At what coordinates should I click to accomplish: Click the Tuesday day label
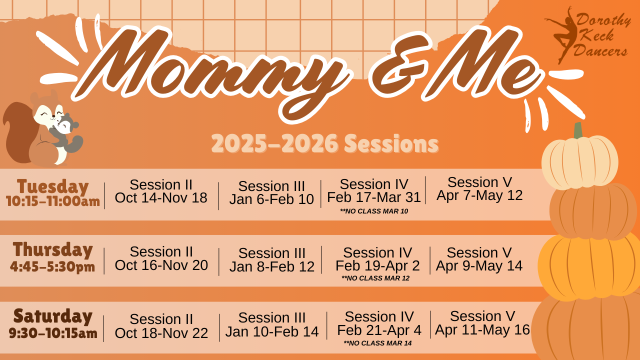pyautogui.click(x=53, y=186)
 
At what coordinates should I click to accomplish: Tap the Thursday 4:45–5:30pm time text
pyautogui.click(x=52, y=267)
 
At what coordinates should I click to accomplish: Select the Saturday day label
pyautogui.click(x=53, y=316)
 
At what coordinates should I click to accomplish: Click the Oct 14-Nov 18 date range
pyautogui.click(x=161, y=197)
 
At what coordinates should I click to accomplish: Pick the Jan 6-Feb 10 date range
pyautogui.click(x=271, y=199)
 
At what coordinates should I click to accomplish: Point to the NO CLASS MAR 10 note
pyautogui.click(x=374, y=211)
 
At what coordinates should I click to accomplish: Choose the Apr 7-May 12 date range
pyautogui.click(x=479, y=195)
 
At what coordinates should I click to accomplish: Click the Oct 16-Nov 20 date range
pyautogui.click(x=161, y=265)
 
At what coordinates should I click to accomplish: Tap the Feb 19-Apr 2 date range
pyautogui.click(x=377, y=265)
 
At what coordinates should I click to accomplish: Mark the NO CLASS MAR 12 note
pyautogui.click(x=375, y=278)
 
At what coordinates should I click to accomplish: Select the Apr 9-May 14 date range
pyautogui.click(x=479, y=265)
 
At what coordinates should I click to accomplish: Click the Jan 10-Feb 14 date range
pyautogui.click(x=271, y=331)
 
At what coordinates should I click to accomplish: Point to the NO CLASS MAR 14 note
pyautogui.click(x=377, y=343)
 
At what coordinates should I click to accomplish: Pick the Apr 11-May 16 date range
pyautogui.click(x=482, y=329)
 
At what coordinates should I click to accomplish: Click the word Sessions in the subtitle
pyautogui.click(x=391, y=143)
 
